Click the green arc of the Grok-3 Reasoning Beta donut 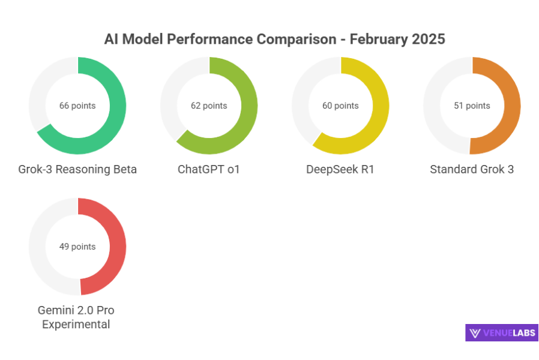[117, 106]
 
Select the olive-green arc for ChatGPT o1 [248, 106]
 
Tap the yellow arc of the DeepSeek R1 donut [380, 106]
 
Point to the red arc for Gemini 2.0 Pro [117, 246]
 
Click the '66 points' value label [77, 106]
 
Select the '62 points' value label [209, 106]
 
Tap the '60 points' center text [340, 106]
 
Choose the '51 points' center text [472, 106]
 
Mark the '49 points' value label [77, 246]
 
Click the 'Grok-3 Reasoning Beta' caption [77, 169]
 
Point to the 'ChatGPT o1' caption [209, 169]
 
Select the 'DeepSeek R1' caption [340, 169]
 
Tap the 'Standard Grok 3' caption [472, 169]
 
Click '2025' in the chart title [428, 40]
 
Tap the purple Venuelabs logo [501, 333]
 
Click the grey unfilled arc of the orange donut [433, 106]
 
